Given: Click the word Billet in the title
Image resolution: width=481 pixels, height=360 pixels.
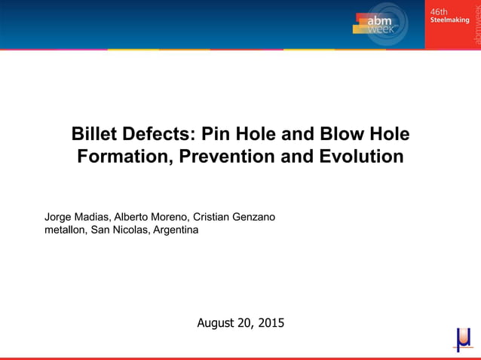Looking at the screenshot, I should point(94,135).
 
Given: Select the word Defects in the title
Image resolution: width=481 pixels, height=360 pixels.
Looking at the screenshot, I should point(160,135).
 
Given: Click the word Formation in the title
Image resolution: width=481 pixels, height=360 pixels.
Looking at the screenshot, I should point(118,157).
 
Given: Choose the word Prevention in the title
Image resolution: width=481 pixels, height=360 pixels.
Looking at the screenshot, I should point(227,157).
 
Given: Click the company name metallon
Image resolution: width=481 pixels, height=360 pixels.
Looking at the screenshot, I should point(66,230).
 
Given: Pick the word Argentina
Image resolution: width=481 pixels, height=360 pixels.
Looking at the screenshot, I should point(176,230).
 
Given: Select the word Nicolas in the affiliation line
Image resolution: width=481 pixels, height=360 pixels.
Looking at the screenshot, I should point(130,230).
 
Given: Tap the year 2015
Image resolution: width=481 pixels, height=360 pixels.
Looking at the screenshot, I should point(271,324).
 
